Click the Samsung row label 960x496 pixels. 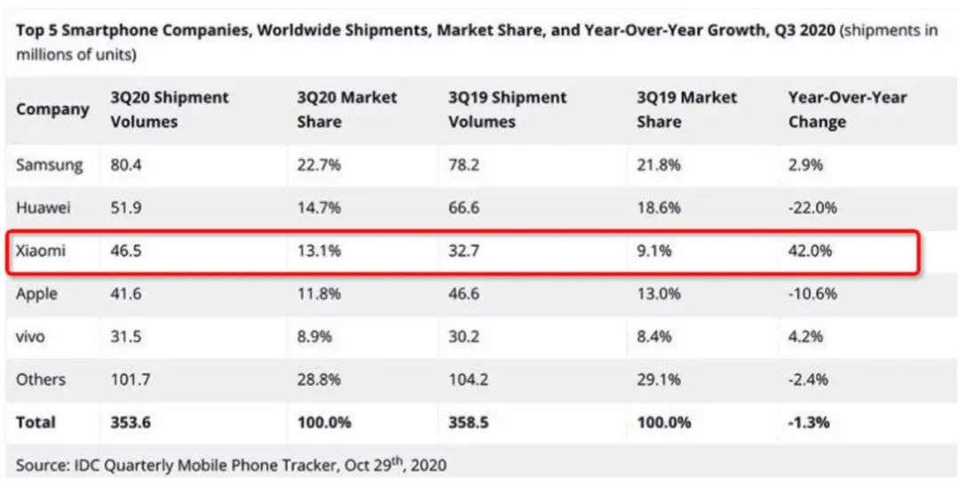point(49,164)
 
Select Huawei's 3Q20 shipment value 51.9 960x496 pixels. point(126,209)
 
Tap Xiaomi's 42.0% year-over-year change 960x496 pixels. point(810,252)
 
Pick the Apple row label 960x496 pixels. point(36,294)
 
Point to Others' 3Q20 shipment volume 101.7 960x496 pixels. point(132,380)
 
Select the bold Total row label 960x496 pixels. point(35,422)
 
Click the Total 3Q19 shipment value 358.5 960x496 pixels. point(471,422)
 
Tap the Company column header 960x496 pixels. point(52,109)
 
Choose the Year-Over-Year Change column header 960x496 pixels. point(847,109)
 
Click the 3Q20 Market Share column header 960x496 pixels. point(347,109)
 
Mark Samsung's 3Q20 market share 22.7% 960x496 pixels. point(318,164)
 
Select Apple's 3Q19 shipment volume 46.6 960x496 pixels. point(466,294)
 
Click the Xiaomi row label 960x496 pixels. point(41,252)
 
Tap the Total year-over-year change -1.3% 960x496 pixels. point(809,422)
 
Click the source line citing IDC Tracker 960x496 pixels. point(231,464)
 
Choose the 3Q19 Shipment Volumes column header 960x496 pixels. point(507,109)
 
